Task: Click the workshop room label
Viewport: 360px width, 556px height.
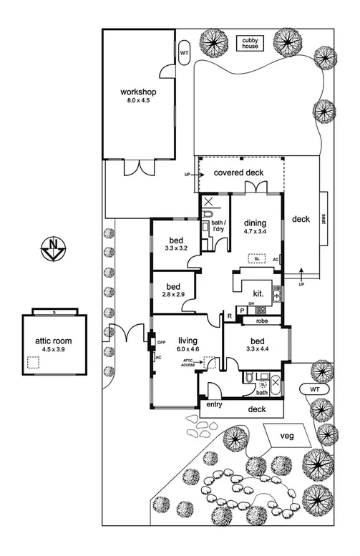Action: pyautogui.click(x=138, y=92)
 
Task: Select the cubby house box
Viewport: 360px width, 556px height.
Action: pyautogui.click(x=249, y=42)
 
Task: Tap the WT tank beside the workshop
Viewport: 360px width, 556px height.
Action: pyautogui.click(x=184, y=54)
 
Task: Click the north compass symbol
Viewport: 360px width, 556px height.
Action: pyautogui.click(x=53, y=250)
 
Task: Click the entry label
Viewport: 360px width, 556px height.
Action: pyautogui.click(x=213, y=405)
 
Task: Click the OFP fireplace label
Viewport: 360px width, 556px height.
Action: pyautogui.click(x=161, y=343)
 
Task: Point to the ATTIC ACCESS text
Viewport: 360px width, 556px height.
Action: pyautogui.click(x=189, y=364)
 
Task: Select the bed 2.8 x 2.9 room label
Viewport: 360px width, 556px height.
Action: pyautogui.click(x=171, y=294)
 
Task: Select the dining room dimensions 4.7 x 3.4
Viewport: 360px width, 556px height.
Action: pyautogui.click(x=254, y=232)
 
